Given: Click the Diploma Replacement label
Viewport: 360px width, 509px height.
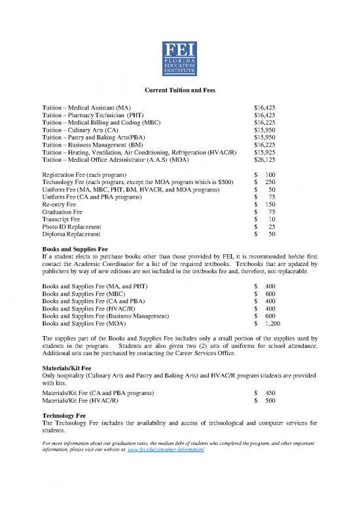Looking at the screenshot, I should tap(71, 234).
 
